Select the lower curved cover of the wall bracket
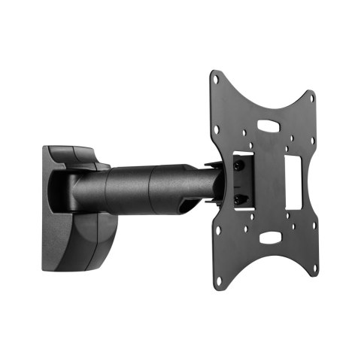pyautogui.click(x=79, y=241)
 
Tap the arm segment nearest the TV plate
pyautogui.click(x=184, y=184)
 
